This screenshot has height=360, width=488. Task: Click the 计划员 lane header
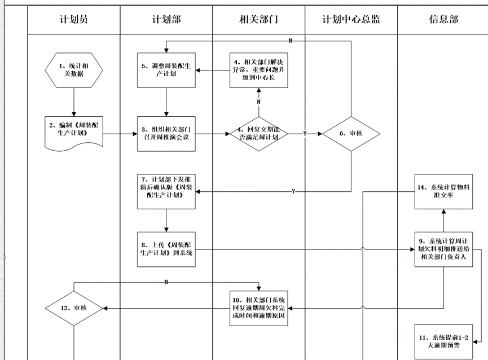point(74,19)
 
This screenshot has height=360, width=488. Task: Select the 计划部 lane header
point(166,19)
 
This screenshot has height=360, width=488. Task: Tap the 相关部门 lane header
point(259,19)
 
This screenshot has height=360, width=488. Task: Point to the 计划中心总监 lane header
point(351,19)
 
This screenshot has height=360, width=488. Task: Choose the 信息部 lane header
point(443,19)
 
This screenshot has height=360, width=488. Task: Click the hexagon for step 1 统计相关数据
point(74,70)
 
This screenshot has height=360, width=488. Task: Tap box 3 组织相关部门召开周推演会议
point(166,134)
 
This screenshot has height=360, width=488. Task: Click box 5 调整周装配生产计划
point(166,70)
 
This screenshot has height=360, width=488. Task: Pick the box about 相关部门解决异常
point(259,70)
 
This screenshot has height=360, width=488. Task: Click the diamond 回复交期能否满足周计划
point(259,134)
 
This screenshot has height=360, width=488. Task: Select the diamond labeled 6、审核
point(351,134)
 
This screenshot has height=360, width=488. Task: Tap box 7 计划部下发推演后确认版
point(166,192)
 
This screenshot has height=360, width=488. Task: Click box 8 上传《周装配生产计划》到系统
point(166,249)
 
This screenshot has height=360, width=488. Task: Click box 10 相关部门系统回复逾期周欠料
point(259,308)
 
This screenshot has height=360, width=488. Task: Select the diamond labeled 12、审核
point(74,308)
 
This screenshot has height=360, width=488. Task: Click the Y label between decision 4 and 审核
point(305,134)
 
